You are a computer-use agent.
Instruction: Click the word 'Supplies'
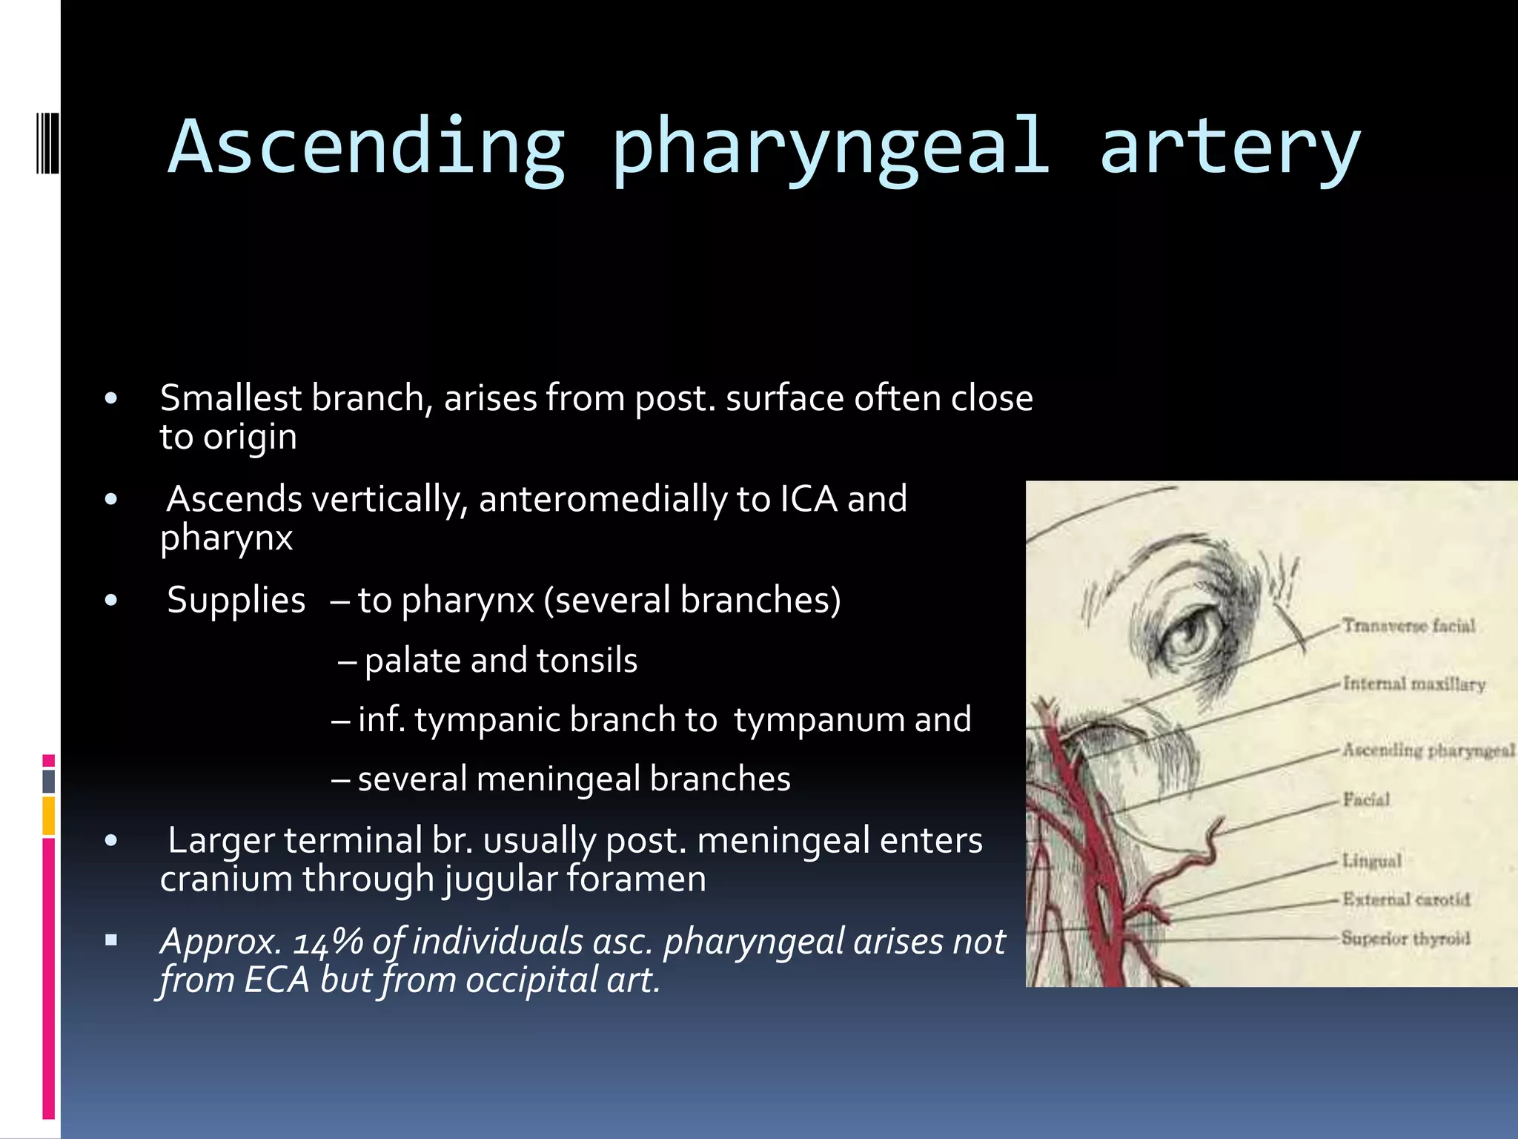[x=236, y=600]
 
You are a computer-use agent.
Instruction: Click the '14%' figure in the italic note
[x=327, y=942]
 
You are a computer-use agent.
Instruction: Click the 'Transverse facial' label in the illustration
[x=1408, y=627]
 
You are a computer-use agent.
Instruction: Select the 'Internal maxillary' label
[x=1413, y=684]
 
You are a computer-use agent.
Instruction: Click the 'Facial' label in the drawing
[x=1366, y=799]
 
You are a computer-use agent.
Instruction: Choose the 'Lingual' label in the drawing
[x=1372, y=861]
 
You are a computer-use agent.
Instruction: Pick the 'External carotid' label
[x=1405, y=899]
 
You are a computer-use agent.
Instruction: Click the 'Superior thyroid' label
[x=1405, y=939]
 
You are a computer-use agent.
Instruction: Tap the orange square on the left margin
[x=49, y=816]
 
